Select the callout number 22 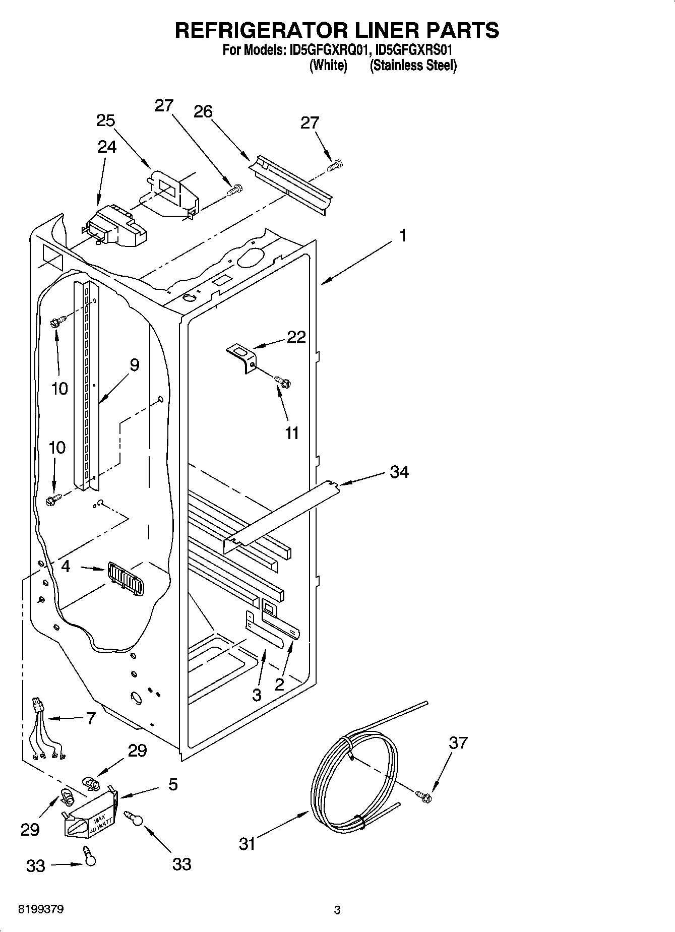coord(296,337)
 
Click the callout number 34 coord(399,472)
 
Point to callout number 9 coord(134,365)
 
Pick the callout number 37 coord(458,742)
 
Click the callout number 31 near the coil coord(247,843)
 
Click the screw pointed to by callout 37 coord(423,797)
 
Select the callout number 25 coord(105,120)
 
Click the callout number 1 coord(403,235)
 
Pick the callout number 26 coord(203,111)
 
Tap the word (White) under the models coord(328,66)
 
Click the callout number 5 coord(173,784)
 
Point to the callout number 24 coord(107,147)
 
